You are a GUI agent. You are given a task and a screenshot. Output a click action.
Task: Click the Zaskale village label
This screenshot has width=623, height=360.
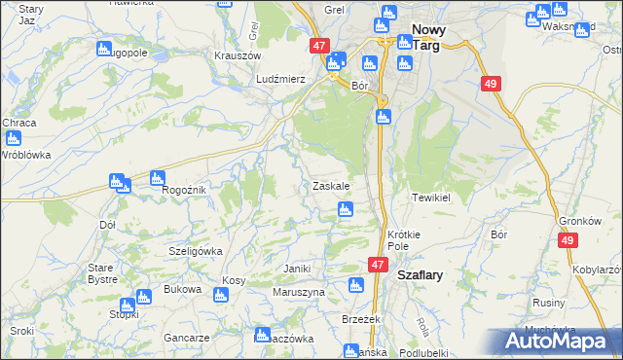click(331, 185)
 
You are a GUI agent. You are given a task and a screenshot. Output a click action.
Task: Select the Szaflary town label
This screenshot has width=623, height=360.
click(420, 275)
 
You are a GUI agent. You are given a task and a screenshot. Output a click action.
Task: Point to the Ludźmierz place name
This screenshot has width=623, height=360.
click(280, 78)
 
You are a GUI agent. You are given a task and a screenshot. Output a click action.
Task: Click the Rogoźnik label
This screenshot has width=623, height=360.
click(183, 190)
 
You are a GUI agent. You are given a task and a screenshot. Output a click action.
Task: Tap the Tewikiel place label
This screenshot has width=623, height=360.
click(428, 197)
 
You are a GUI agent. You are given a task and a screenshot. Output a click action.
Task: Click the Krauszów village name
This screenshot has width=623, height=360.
click(235, 55)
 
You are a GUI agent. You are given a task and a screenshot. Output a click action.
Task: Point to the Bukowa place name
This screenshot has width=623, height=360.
click(182, 289)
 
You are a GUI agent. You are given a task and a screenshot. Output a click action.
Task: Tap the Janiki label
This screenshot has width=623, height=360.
click(296, 268)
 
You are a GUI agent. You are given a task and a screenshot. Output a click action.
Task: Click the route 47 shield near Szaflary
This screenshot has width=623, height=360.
click(379, 265)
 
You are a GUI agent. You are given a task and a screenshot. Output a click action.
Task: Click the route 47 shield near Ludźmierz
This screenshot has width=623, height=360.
click(320, 46)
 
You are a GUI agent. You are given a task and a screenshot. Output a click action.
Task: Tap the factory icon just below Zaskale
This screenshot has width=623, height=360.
click(345, 209)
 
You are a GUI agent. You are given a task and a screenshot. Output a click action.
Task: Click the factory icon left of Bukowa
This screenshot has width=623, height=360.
click(143, 296)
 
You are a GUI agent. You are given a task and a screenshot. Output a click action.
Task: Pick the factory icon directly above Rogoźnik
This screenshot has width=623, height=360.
click(156, 176)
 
